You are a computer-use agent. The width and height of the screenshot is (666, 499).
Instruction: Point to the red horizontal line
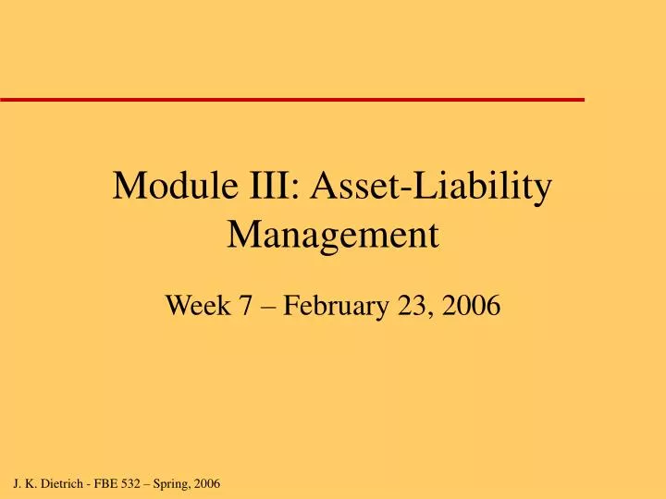(x=292, y=98)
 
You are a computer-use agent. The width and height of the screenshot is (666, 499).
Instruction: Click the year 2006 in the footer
(x=208, y=483)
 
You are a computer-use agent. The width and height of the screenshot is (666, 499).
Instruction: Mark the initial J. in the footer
(x=18, y=483)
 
